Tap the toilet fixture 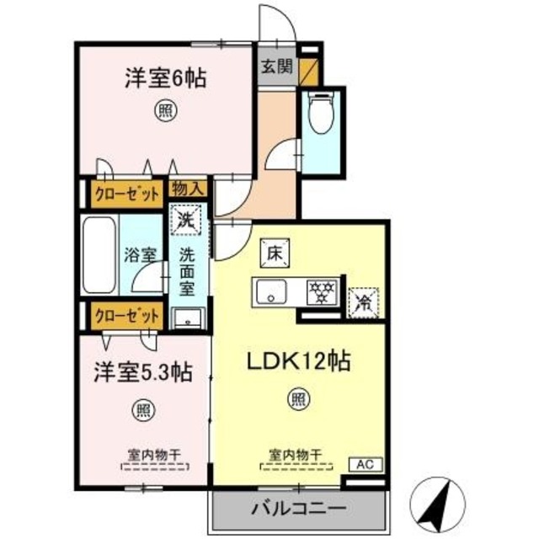pyautogui.click(x=320, y=113)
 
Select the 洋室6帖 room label pyautogui.click(x=166, y=81)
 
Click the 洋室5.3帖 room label pyautogui.click(x=141, y=371)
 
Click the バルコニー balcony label pyautogui.click(x=298, y=509)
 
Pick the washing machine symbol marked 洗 pyautogui.click(x=186, y=221)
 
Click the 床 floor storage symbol pyautogui.click(x=274, y=251)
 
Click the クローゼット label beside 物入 pyautogui.click(x=126, y=195)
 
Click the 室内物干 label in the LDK pyautogui.click(x=296, y=455)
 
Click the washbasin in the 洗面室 pyautogui.click(x=187, y=318)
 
